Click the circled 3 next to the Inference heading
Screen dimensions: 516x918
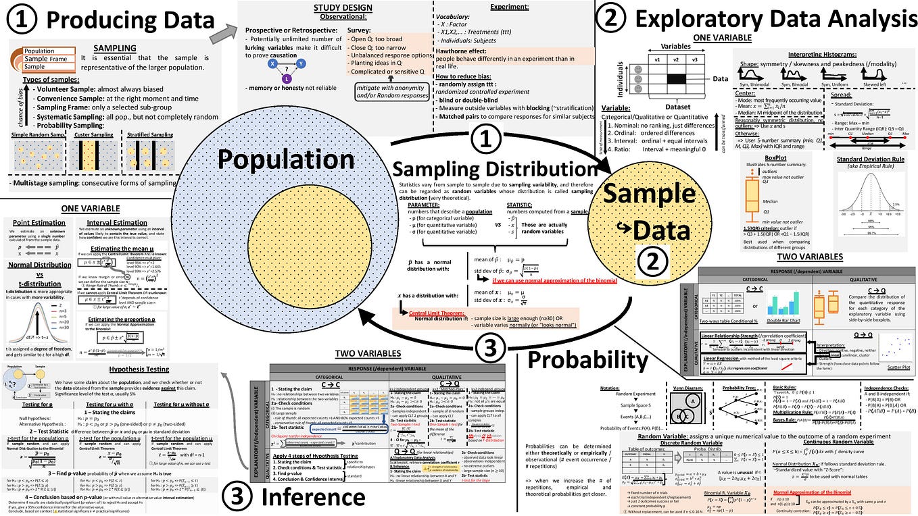pos(241,497)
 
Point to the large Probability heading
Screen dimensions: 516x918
pos(587,359)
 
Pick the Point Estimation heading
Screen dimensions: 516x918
pos(39,222)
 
